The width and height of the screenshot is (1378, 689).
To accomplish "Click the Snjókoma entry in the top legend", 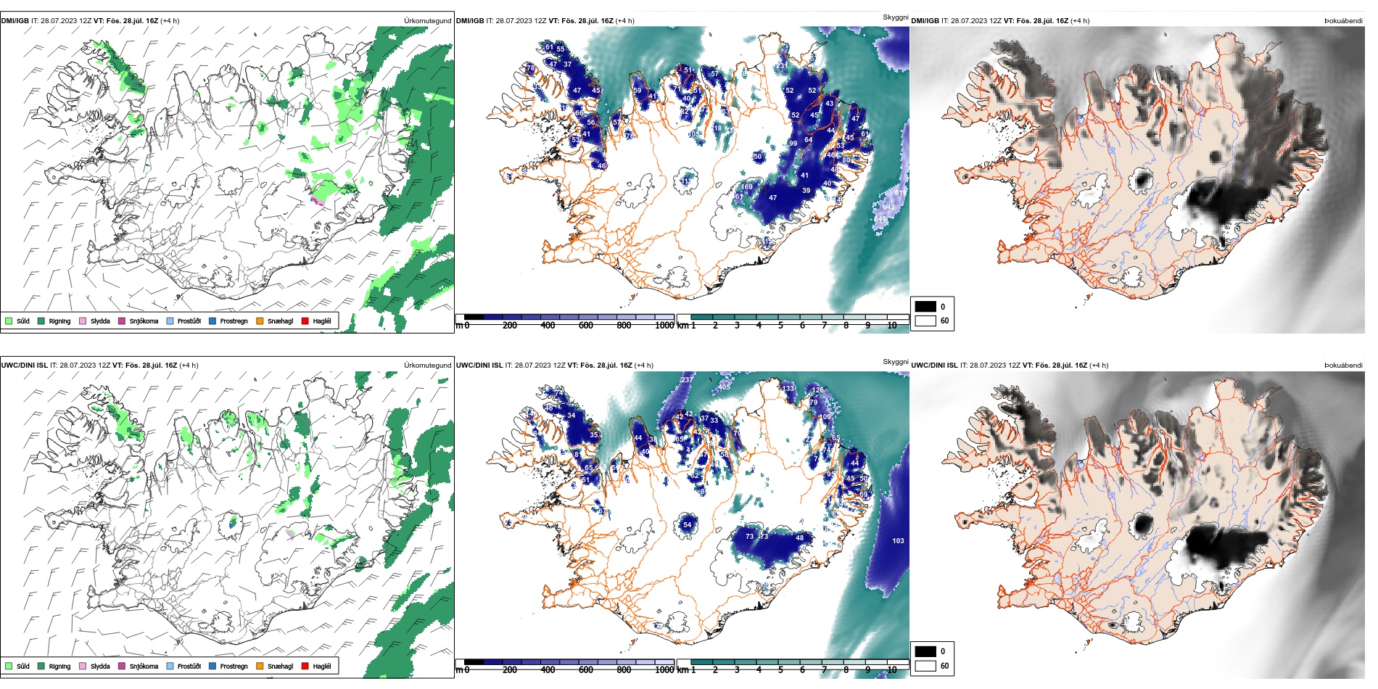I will click(143, 321).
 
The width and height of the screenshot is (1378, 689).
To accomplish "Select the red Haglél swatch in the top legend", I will click(305, 321).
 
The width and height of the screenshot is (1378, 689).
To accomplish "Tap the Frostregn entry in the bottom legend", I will click(234, 667).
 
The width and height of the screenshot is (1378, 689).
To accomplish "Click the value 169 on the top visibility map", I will click(746, 187).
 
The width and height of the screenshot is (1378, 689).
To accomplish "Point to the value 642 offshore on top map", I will click(888, 207).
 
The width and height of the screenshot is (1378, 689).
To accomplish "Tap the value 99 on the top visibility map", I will click(793, 144).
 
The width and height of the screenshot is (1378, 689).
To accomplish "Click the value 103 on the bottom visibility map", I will click(898, 541).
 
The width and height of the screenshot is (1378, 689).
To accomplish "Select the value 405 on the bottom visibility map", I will click(724, 387).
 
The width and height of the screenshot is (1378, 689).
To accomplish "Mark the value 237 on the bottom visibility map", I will click(687, 380).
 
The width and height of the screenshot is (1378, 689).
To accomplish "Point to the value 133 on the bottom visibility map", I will click(788, 389).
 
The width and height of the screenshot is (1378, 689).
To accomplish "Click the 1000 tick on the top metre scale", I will click(664, 326).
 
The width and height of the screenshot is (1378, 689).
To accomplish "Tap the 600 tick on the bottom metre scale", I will click(586, 670).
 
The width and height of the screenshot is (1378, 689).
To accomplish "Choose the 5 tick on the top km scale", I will click(780, 326).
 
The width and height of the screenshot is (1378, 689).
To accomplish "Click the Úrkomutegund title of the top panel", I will click(427, 21).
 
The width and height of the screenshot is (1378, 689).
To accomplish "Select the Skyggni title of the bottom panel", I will click(895, 361).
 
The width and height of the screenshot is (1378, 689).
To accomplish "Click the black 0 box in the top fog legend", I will click(925, 306).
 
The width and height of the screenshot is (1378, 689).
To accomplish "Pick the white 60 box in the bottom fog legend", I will click(925, 666).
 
